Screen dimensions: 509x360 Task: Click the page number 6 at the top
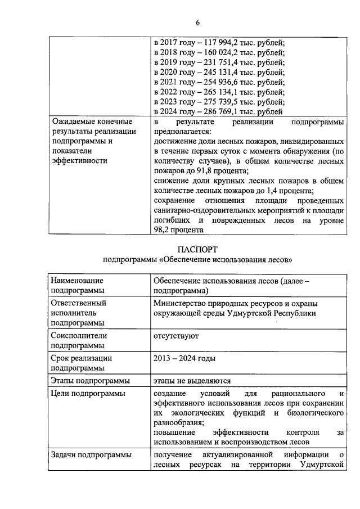click(x=197, y=22)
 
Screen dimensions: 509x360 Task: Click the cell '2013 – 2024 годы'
click(x=184, y=358)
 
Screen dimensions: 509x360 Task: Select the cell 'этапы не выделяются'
click(x=192, y=381)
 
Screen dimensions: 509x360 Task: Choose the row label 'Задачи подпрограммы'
click(x=91, y=455)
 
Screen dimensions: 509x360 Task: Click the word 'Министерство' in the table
click(x=181, y=303)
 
